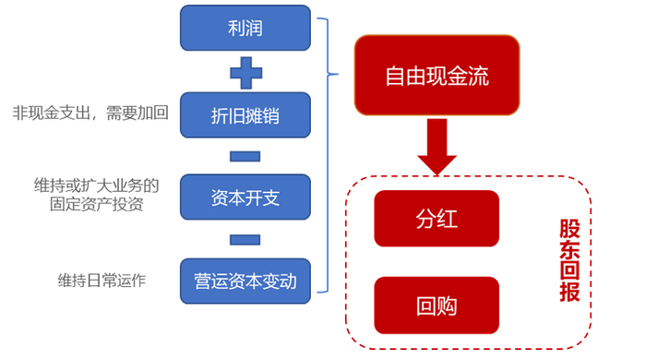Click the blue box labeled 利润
coord(245,29)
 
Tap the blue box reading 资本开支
coord(245,197)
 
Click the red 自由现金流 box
coord(437,76)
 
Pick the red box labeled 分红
coord(437,219)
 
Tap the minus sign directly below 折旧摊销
coord(245,156)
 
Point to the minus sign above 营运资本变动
coord(245,239)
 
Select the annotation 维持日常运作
coord(102,280)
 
